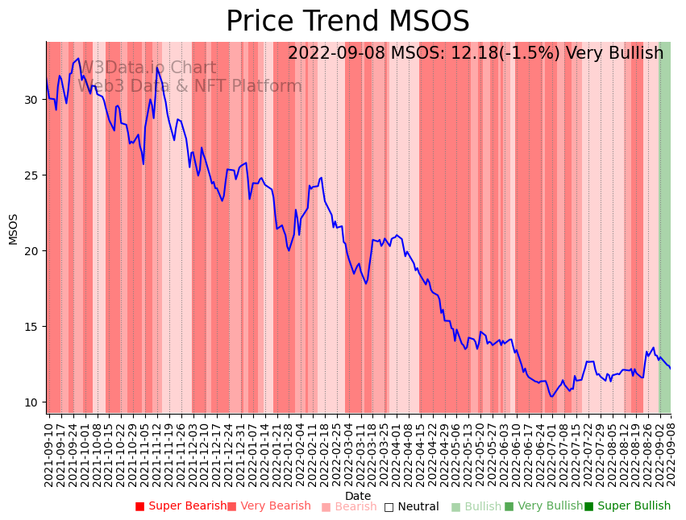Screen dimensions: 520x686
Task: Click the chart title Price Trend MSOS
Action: [x=347, y=22]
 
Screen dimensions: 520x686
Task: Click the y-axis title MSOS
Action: [x=13, y=229]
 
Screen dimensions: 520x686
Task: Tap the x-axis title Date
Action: [x=358, y=497]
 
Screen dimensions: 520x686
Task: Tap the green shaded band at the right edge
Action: [x=665, y=225]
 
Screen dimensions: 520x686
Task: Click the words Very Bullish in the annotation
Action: [x=614, y=53]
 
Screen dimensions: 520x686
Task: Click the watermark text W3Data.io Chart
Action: [x=148, y=68]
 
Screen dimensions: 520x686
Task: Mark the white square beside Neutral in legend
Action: [x=389, y=507]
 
